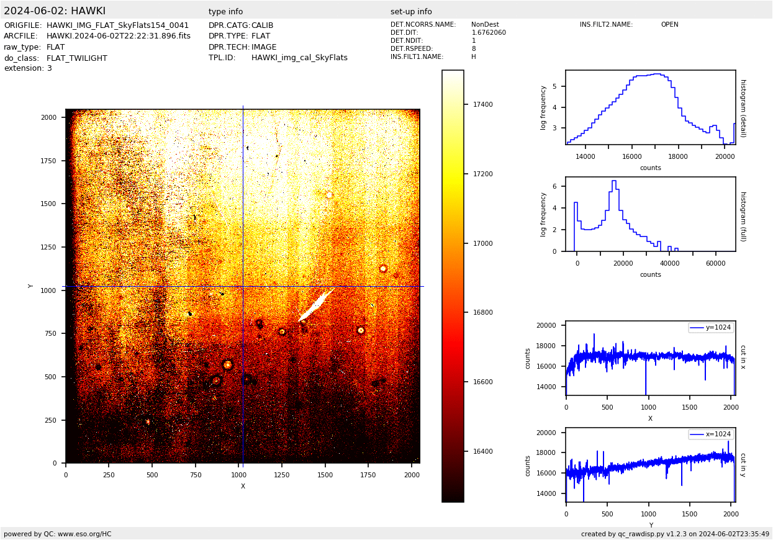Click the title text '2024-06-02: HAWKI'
[55, 11]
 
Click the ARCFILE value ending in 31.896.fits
[119, 36]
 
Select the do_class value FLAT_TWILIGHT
[77, 58]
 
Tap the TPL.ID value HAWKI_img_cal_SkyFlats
[299, 58]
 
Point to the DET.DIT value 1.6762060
[489, 33]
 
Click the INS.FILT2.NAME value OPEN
[669, 25]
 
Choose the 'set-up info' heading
[411, 12]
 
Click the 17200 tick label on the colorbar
[482, 174]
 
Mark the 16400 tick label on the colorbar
[482, 451]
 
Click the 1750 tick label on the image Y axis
[48, 161]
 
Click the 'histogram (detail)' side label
[743, 108]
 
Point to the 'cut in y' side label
[743, 465]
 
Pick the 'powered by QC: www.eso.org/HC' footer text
[58, 534]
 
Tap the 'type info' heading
[226, 12]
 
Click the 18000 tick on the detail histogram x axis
[678, 156]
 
